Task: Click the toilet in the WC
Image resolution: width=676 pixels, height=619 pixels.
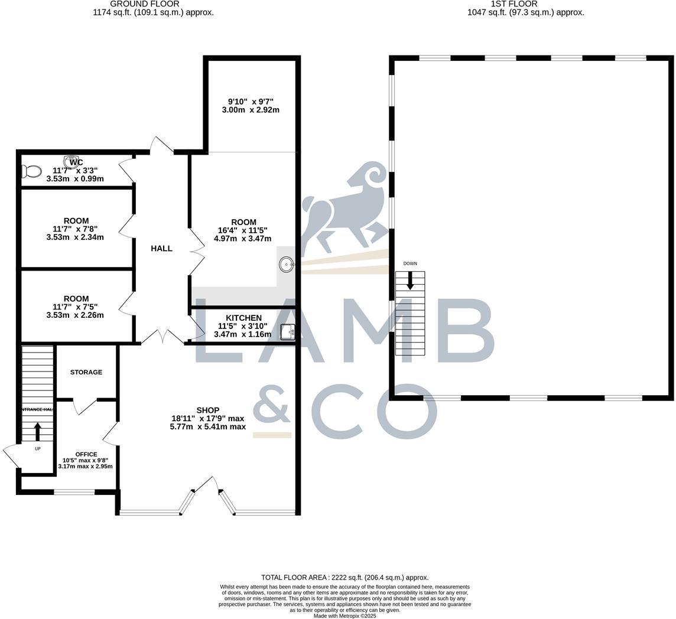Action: [x=32, y=171]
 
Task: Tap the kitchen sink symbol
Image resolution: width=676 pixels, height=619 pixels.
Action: [x=287, y=333]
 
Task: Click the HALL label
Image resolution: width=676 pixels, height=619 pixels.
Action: [x=161, y=249]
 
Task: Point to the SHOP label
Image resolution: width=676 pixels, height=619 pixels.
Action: [x=208, y=410]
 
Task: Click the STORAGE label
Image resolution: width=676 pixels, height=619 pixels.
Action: [x=86, y=372]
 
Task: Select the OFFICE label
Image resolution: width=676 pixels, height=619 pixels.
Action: [x=86, y=454]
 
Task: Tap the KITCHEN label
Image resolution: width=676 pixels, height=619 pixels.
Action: [x=243, y=318]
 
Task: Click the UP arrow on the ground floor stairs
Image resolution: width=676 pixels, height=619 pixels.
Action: [x=38, y=432]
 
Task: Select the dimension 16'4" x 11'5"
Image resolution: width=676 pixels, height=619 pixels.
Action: [x=243, y=230]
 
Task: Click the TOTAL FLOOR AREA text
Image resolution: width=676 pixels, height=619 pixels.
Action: [x=345, y=578]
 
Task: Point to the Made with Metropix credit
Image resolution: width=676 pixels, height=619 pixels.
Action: [x=344, y=615]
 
